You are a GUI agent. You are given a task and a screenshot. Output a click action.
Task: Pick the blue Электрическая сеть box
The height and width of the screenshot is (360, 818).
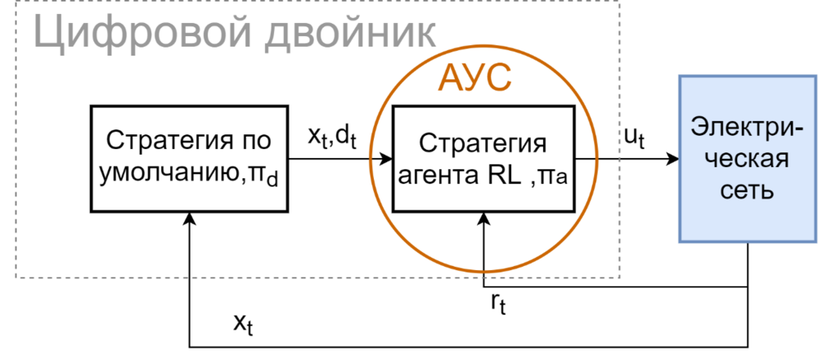(748, 159)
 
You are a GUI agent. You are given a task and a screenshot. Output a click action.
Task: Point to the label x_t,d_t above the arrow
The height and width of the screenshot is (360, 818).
(333, 137)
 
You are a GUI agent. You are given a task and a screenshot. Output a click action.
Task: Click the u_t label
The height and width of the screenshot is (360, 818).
(634, 137)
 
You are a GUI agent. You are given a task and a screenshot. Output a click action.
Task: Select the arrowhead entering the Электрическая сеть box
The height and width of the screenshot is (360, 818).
(672, 159)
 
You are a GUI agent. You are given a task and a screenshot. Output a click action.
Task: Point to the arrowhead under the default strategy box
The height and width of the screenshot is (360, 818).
(189, 218)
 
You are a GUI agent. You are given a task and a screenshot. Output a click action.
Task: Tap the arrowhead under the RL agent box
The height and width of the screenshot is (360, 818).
(483, 218)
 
